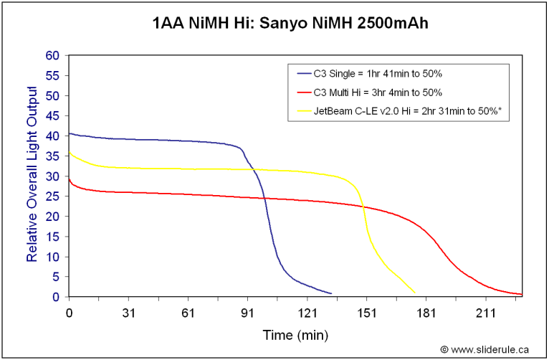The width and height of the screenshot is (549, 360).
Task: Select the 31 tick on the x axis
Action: (129, 311)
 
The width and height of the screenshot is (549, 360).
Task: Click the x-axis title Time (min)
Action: (295, 335)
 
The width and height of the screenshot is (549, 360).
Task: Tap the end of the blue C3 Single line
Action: (331, 293)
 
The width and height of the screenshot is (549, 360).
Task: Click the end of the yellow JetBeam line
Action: (415, 292)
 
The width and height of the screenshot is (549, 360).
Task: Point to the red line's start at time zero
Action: (69, 179)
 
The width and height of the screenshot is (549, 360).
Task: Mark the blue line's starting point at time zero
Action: (69, 133)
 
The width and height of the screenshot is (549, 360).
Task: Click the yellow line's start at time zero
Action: (69, 152)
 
